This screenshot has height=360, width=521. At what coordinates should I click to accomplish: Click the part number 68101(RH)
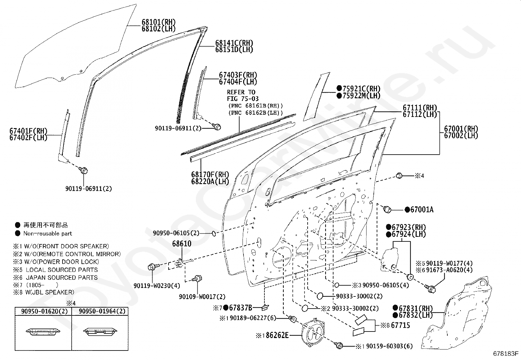click(158, 22)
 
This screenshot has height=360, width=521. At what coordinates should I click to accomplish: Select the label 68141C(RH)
click(234, 43)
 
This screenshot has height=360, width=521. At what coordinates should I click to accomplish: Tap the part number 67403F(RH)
click(238, 75)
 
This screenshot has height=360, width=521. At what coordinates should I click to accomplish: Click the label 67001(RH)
click(461, 129)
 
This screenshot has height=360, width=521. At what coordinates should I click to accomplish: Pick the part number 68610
click(182, 244)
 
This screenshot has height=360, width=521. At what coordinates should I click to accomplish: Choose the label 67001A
click(422, 210)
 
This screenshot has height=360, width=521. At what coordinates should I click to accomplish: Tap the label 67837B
click(240, 308)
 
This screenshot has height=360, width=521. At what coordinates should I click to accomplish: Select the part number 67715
click(400, 325)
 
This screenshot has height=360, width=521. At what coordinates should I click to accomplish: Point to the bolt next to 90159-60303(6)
click(339, 345)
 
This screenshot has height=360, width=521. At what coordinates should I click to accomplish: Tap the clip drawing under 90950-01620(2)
click(43, 332)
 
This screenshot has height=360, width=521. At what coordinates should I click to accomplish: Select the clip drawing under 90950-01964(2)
click(99, 332)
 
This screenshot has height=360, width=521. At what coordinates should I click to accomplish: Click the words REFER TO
click(241, 92)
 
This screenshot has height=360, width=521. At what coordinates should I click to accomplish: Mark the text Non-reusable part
click(47, 234)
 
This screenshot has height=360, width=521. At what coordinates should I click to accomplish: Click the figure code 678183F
click(506, 353)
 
